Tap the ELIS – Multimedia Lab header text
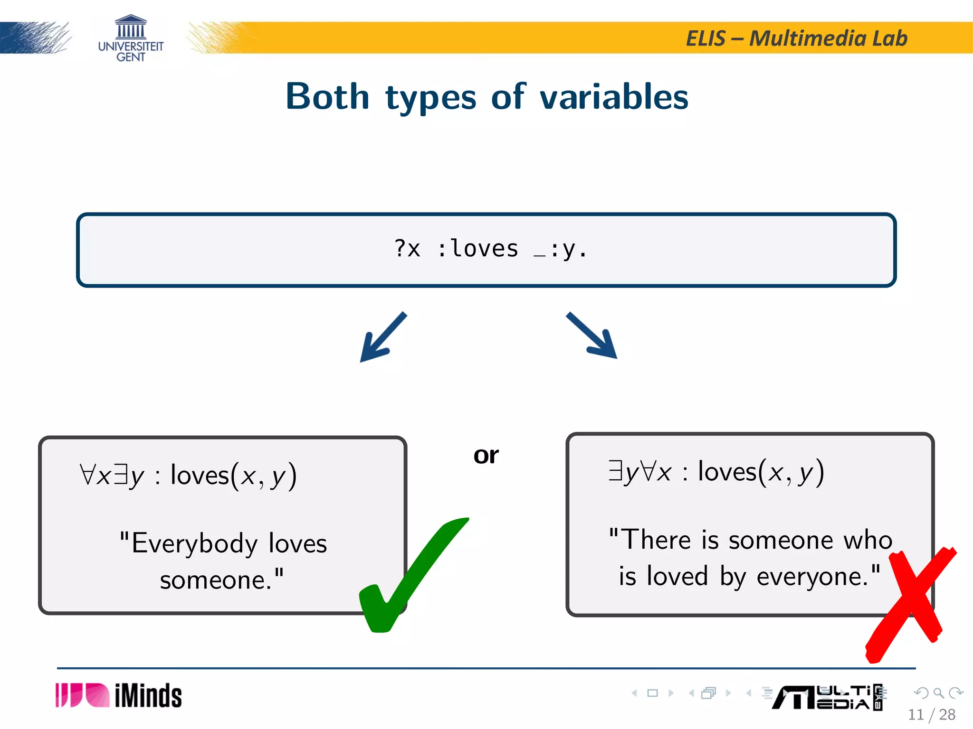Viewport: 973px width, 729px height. [x=796, y=38]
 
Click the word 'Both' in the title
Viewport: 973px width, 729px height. [x=327, y=97]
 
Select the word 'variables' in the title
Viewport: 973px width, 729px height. [x=614, y=97]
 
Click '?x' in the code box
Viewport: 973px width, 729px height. [x=407, y=249]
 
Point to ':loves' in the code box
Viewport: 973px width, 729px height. [x=477, y=249]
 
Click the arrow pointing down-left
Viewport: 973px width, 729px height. [x=382, y=338]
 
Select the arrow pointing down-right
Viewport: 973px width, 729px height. [x=592, y=335]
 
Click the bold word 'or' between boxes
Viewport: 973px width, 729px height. [x=486, y=456]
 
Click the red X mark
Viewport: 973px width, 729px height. [x=910, y=605]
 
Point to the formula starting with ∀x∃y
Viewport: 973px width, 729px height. [x=188, y=476]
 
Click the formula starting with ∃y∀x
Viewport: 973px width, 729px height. [x=715, y=472]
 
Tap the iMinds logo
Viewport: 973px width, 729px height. [x=119, y=696]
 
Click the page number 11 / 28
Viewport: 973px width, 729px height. [x=931, y=715]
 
